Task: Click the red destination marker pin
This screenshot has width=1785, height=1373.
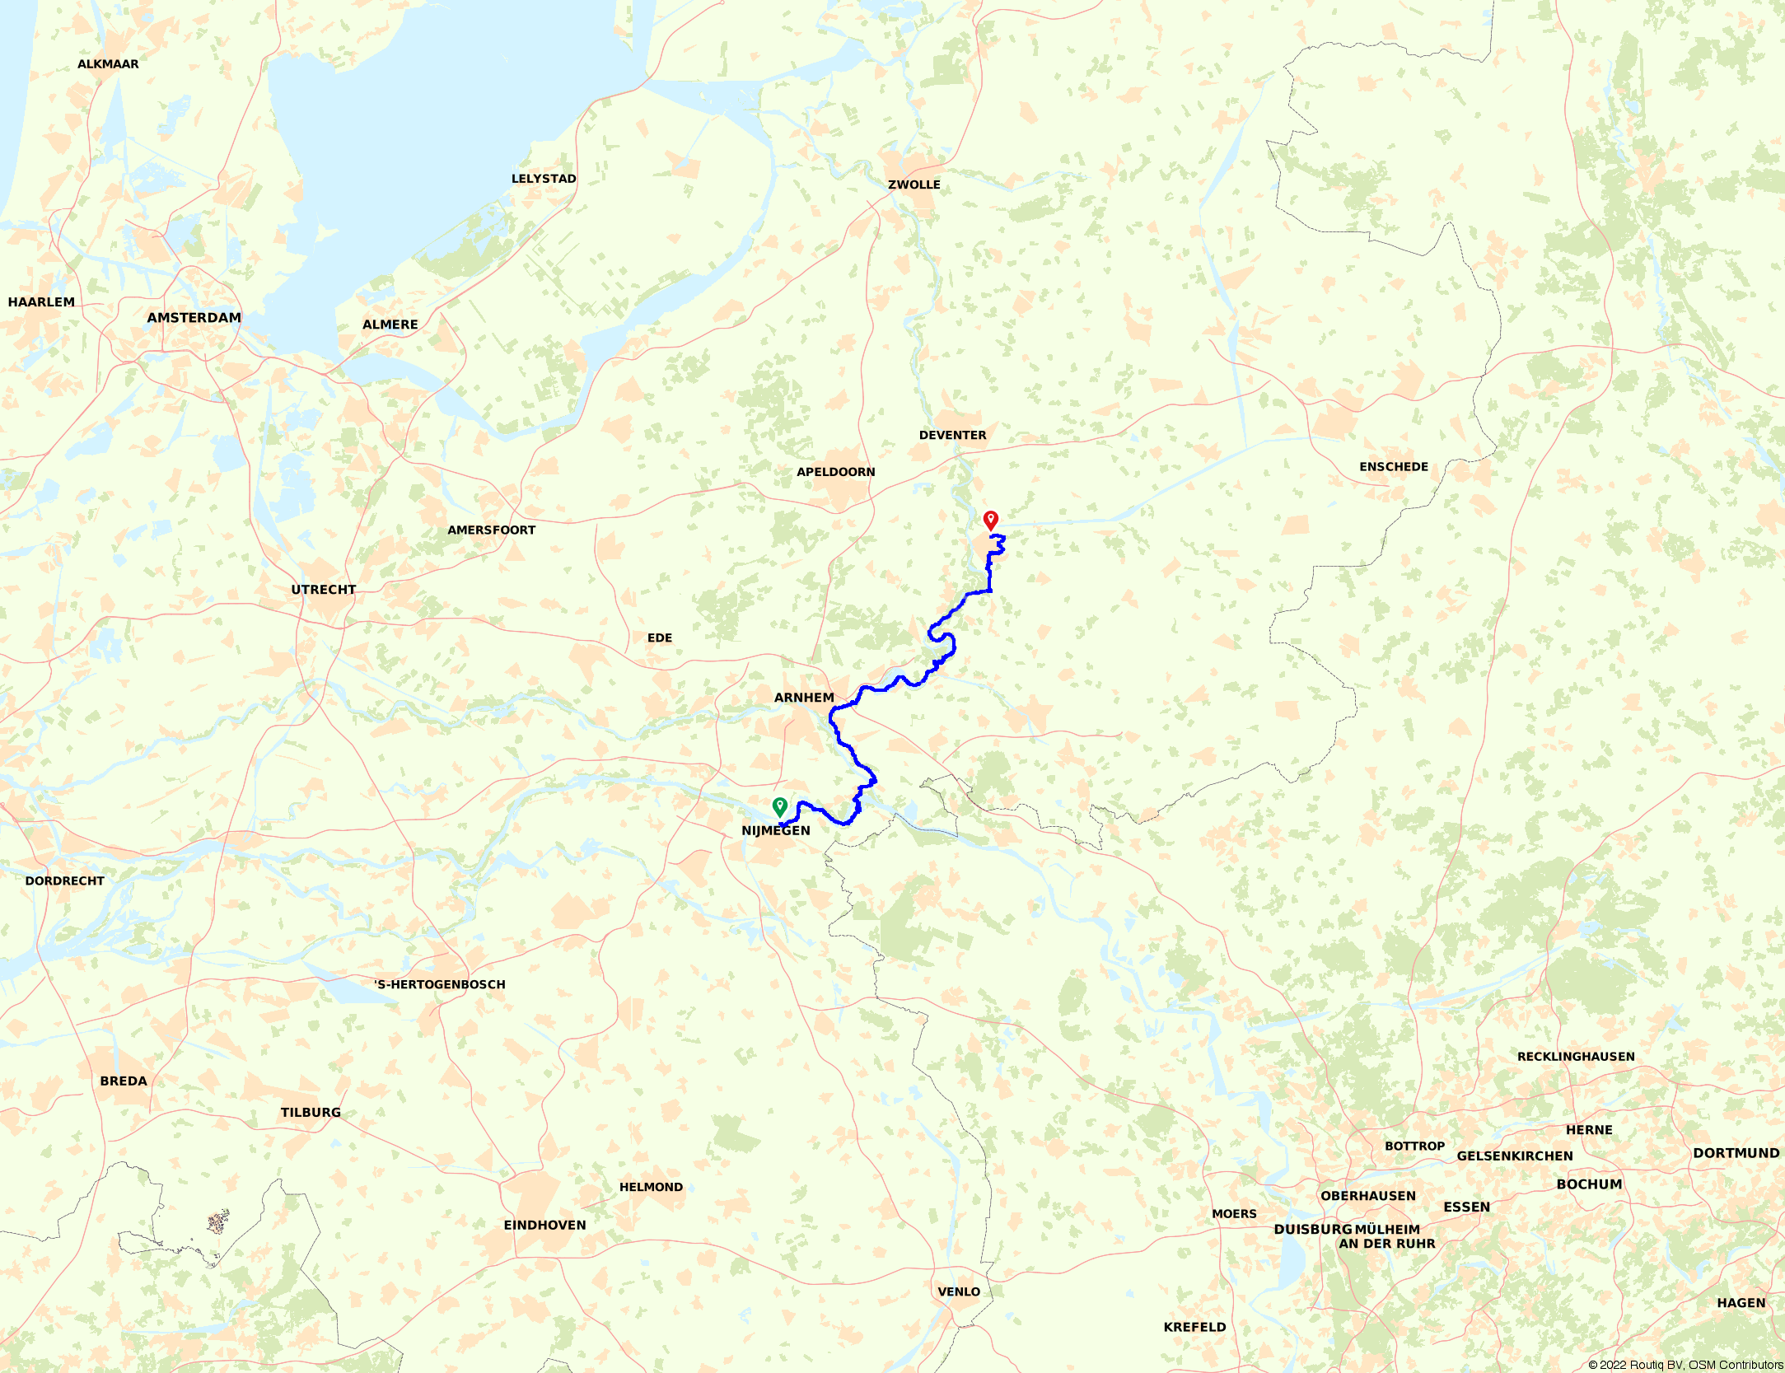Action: [991, 520]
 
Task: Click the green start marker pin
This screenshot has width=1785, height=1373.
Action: [780, 806]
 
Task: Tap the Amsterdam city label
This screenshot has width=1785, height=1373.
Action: [194, 318]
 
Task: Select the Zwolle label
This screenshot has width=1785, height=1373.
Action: [914, 184]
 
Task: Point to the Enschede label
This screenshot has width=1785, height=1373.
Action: [1394, 467]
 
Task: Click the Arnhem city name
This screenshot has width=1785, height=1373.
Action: [804, 698]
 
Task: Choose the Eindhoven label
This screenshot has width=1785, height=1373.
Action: [545, 1225]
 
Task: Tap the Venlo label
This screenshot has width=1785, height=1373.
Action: [959, 1291]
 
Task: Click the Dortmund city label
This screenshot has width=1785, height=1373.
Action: [1736, 1153]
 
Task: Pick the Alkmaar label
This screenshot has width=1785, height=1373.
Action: [108, 64]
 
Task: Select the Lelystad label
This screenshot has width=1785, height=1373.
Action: [544, 179]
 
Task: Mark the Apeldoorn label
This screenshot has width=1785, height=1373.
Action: [836, 472]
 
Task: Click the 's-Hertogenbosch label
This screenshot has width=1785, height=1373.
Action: [440, 984]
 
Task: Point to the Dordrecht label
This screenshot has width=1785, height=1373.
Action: [65, 880]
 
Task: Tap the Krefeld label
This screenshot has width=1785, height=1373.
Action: [1194, 1327]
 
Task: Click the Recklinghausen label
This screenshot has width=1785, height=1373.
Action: [1576, 1057]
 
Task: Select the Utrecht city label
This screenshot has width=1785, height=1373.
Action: [324, 590]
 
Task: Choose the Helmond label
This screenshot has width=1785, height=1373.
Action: [651, 1187]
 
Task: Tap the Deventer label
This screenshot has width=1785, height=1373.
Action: [952, 435]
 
